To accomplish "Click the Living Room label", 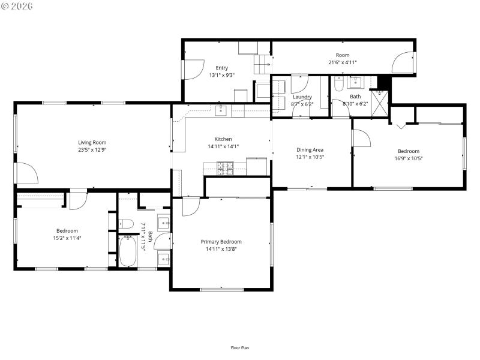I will point(92,142).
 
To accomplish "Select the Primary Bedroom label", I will point(221,242).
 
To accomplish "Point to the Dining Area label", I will point(310,149).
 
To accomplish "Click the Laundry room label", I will point(302,97).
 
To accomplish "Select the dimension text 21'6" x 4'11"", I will point(343,62).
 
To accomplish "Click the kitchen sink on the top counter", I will point(221,110).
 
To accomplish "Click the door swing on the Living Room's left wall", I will point(27,173).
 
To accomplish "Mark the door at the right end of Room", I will point(403,63).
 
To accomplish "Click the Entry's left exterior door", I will point(193,70).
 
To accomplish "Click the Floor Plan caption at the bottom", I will point(240,348).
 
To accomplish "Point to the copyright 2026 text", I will point(17,6).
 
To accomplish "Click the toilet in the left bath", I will point(125,224).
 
